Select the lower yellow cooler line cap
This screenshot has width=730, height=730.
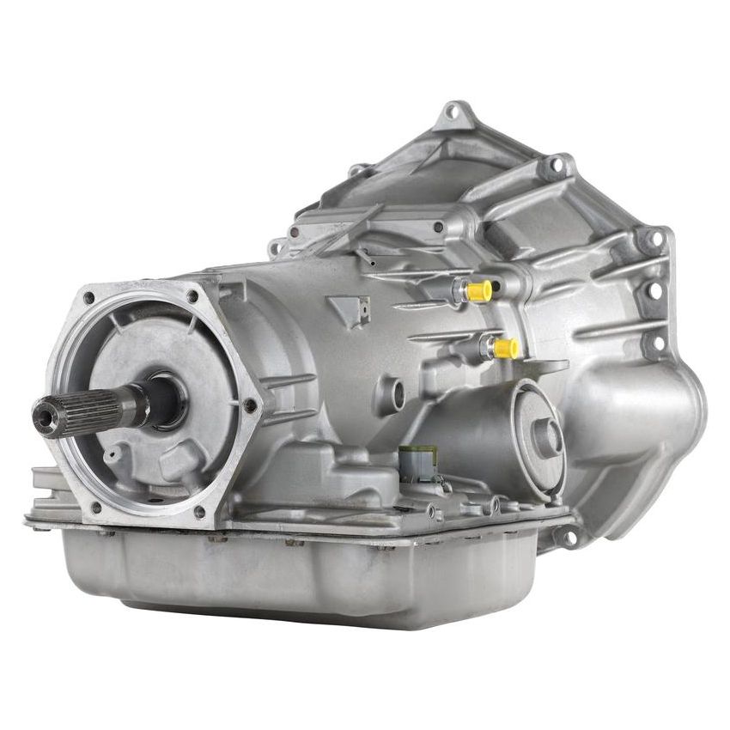(x=505, y=348)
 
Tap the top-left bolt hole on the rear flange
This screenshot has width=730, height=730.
(x=88, y=298)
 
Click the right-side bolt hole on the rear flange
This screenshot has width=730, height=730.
(x=249, y=404)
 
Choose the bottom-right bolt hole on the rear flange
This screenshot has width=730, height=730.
(x=199, y=512)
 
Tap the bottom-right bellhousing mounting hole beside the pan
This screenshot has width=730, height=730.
(x=567, y=536)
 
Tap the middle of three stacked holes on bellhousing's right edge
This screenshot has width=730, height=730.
(x=655, y=291)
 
